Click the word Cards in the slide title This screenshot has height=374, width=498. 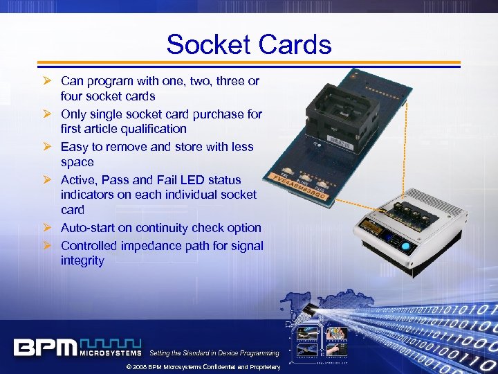(293, 45)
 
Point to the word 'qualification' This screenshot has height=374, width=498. (152, 129)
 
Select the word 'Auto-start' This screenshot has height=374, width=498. (89, 228)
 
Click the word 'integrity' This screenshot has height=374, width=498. (82, 261)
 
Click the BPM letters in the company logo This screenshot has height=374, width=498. (44, 346)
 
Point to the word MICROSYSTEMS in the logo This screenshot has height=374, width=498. (111, 353)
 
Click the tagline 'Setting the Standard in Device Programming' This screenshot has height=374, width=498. (214, 353)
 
